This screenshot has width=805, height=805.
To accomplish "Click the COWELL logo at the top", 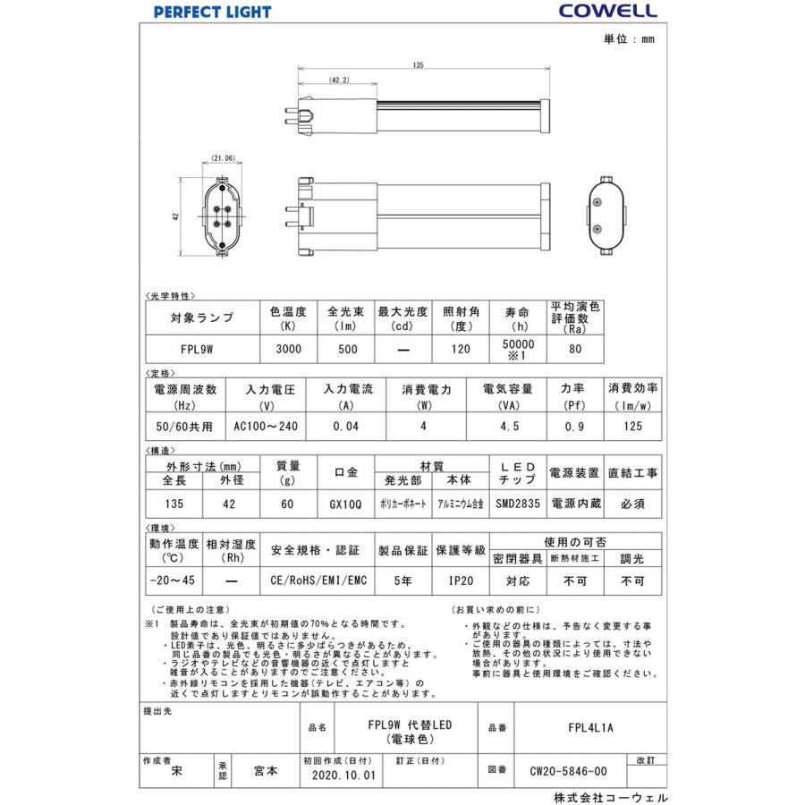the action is tap(607, 11).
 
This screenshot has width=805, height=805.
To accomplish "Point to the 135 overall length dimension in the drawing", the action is tap(419, 65).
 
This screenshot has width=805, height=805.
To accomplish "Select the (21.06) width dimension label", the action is tap(223, 158).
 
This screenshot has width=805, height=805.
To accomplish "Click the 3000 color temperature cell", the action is tap(287, 350).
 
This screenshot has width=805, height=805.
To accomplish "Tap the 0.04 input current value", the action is tap(345, 427).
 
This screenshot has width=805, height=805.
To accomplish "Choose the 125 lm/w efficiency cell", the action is tap(633, 427).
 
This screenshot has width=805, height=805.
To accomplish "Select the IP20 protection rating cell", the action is tap(461, 580).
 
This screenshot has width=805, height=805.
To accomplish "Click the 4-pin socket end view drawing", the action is tap(223, 216).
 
